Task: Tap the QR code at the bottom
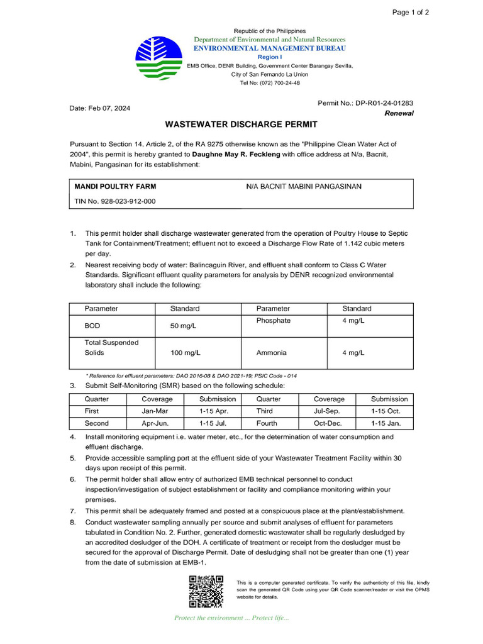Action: [206, 592]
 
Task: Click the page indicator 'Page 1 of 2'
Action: [411, 12]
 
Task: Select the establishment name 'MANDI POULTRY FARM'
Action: [115, 187]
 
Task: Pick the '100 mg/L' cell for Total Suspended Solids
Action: [186, 353]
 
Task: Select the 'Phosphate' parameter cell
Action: [274, 321]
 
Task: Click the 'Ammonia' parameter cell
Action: [272, 353]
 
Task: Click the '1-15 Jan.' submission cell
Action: [386, 423]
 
